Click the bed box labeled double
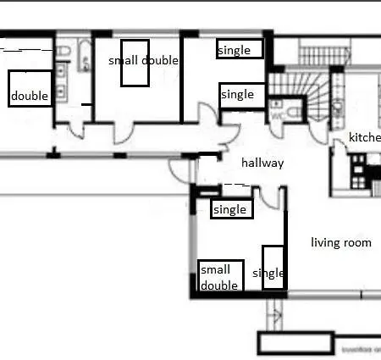pos(30,87)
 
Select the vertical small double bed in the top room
pos(135,63)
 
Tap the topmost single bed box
pos(240,49)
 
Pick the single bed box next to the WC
pos(242,94)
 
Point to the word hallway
pos(262,163)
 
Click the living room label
pos(341,242)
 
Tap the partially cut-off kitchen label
pos(365,138)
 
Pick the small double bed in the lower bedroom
pos(220,276)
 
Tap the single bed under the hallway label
pos(231,209)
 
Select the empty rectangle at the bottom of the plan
pos(297,343)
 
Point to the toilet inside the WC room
pos(293,111)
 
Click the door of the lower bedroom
pos(269,197)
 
